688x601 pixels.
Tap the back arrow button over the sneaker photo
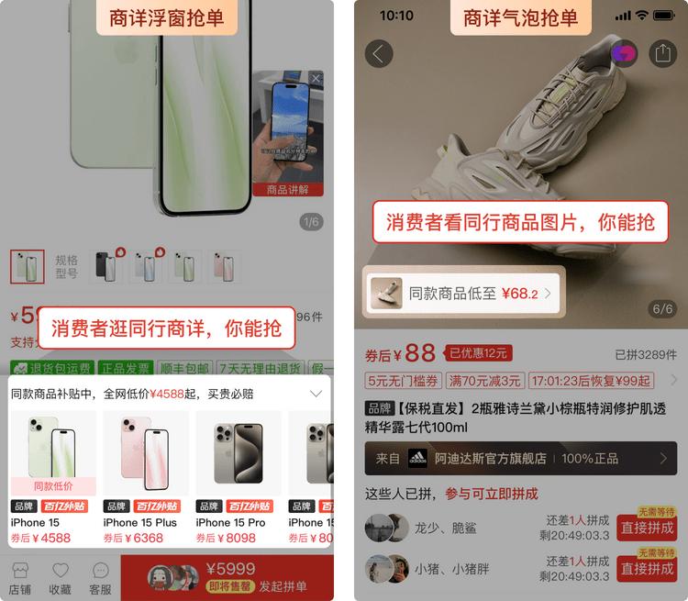click(x=379, y=53)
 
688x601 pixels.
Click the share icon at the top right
click(x=661, y=53)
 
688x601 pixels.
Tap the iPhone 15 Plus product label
click(x=140, y=523)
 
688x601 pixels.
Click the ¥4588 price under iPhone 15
click(x=41, y=539)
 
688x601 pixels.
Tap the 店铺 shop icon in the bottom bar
click(x=20, y=571)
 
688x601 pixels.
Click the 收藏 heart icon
click(x=61, y=571)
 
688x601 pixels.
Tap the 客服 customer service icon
click(x=100, y=571)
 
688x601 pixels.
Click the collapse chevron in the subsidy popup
click(x=316, y=394)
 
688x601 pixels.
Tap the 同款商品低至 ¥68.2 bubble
click(x=462, y=294)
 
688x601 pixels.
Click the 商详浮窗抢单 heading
click(x=166, y=17)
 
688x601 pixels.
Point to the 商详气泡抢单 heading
click(x=520, y=17)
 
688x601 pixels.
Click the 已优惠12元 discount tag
click(x=477, y=353)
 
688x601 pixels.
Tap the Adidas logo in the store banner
click(x=417, y=459)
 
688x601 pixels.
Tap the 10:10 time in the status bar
click(x=396, y=16)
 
